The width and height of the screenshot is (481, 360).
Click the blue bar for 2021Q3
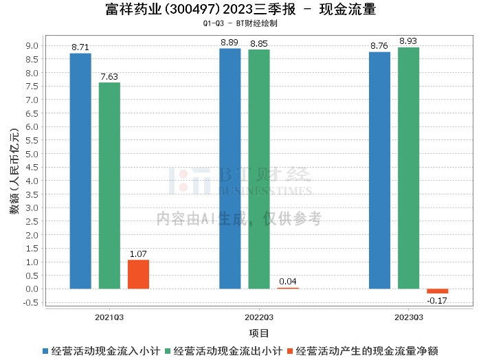click(80, 171)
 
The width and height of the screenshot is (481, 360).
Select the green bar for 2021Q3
click(109, 185)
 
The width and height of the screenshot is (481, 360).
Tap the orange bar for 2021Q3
click(138, 274)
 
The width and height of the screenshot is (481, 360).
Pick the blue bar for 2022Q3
click(230, 168)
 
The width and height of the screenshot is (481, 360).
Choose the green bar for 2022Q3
click(259, 169)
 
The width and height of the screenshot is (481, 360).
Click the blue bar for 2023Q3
click(379, 170)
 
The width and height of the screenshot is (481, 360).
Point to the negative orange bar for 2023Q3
click(437, 291)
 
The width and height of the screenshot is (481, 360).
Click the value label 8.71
click(80, 47)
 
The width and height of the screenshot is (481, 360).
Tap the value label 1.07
click(138, 254)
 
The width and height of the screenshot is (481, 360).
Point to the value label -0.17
click(437, 301)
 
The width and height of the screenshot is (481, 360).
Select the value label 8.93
click(408, 41)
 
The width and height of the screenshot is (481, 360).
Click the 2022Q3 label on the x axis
click(259, 317)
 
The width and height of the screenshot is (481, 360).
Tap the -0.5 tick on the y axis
click(30, 302)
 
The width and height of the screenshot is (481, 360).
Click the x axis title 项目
click(259, 333)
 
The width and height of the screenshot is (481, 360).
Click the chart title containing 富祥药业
click(240, 10)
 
